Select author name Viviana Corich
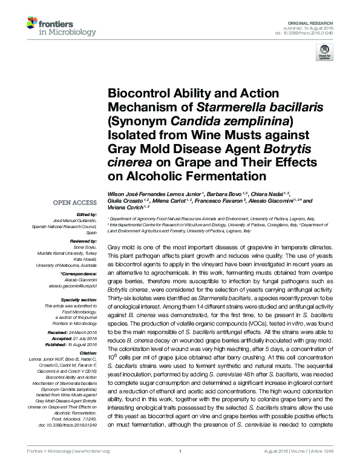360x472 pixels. (125, 207)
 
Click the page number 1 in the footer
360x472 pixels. (180, 467)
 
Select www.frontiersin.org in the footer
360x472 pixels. (91, 467)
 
